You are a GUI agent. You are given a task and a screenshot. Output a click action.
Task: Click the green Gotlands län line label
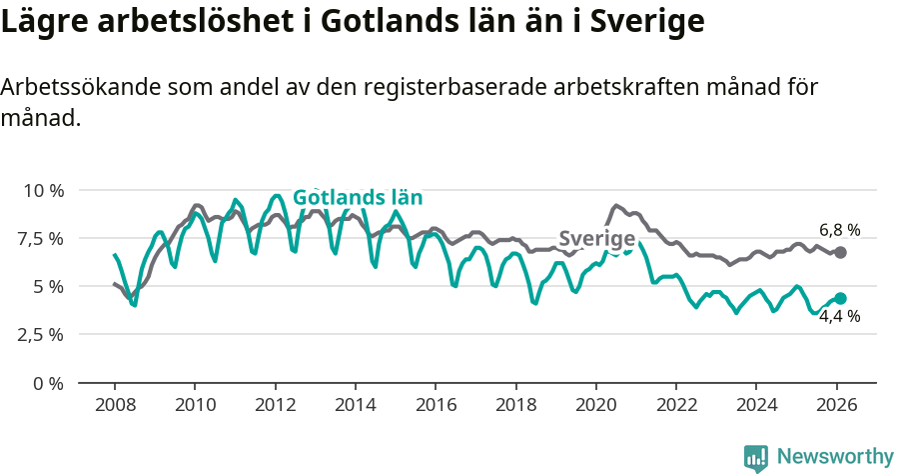[358, 197]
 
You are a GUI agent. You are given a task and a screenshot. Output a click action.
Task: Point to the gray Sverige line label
[596, 239]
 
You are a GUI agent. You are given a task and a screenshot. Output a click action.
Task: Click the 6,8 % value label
[839, 230]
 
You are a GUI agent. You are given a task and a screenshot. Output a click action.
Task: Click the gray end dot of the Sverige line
[840, 252]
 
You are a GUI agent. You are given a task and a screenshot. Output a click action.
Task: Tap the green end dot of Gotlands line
[840, 298]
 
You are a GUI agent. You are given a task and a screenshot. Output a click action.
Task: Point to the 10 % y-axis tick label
[43, 190]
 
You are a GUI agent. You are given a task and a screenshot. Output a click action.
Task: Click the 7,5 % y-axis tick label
[40, 238]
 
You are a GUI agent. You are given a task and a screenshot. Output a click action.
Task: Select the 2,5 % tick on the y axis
[40, 334]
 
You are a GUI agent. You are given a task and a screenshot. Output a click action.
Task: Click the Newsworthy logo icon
[756, 458]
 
